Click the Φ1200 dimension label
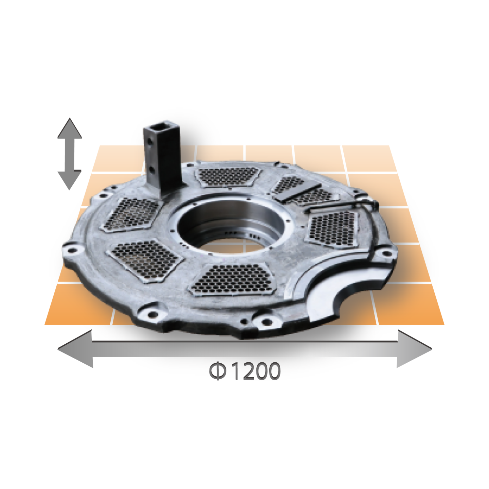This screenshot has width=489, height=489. click(x=245, y=371)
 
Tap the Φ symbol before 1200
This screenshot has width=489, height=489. click(x=217, y=371)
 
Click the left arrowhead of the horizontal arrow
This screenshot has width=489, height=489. click(x=75, y=349)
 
